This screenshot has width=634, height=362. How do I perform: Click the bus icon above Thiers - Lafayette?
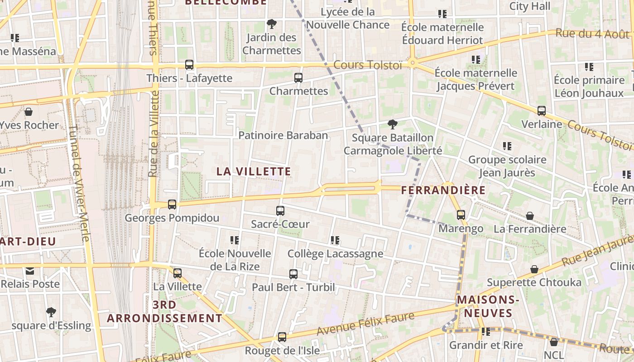pyautogui.click(x=189, y=65)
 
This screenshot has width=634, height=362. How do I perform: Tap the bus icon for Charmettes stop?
pyautogui.click(x=298, y=77)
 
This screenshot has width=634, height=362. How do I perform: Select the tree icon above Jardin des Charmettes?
pyautogui.click(x=271, y=24)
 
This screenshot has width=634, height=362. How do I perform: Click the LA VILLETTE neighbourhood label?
pyautogui.click(x=254, y=171)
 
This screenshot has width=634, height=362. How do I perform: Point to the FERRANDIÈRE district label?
pyautogui.click(x=443, y=190)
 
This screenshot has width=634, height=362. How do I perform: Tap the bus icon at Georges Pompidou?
pyautogui.click(x=172, y=205)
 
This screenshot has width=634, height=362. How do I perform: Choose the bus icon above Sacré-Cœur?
pyautogui.click(x=280, y=210)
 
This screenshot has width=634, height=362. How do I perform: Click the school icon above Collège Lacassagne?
pyautogui.click(x=335, y=240)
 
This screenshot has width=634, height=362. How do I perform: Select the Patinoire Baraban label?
pyautogui.click(x=283, y=135)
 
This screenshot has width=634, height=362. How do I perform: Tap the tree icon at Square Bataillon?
pyautogui.click(x=393, y=124)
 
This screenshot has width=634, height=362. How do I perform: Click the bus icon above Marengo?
pyautogui.click(x=461, y=215)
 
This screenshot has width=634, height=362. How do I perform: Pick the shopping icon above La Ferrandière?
pyautogui.click(x=529, y=216)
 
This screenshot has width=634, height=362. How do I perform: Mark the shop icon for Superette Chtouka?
pyautogui.click(x=534, y=269)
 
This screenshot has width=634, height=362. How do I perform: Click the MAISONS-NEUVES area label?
pyautogui.click(x=487, y=306)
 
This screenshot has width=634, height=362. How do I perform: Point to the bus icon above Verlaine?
pyautogui.click(x=541, y=110)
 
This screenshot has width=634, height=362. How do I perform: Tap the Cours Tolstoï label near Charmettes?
pyautogui.click(x=368, y=65)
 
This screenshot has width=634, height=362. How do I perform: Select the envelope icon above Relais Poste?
pyautogui.click(x=30, y=271)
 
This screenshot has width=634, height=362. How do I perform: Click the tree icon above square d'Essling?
pyautogui.click(x=51, y=312)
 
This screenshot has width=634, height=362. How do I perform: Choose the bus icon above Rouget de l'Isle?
pyautogui.click(x=282, y=337)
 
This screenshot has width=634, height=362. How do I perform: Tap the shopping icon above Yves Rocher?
pyautogui.click(x=29, y=112)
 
